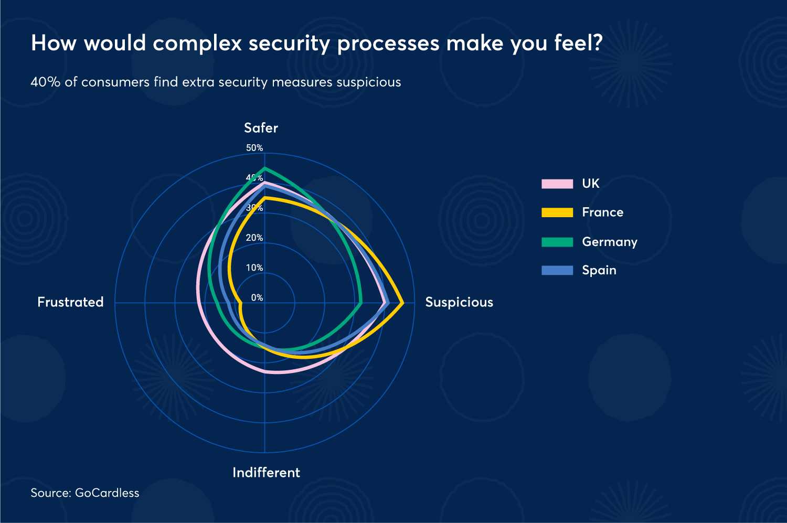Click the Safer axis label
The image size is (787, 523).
261,128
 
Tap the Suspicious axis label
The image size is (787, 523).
459,302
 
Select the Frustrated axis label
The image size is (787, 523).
70,302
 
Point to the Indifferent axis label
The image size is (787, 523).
266,473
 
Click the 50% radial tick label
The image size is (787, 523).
254,148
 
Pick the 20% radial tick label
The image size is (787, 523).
254,238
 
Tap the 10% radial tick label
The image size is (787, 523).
254,268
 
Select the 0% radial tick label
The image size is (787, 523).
257,297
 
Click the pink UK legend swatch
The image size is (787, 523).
557,184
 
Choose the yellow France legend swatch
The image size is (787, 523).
557,212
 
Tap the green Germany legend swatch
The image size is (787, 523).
557,242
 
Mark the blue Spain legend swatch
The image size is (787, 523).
557,270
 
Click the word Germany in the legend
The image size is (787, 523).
609,242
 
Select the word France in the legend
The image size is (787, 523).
602,212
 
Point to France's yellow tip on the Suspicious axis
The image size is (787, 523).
402,303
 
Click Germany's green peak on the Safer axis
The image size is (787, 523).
265,168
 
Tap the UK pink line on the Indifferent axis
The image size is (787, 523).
265,370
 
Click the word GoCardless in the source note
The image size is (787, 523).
107,493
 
